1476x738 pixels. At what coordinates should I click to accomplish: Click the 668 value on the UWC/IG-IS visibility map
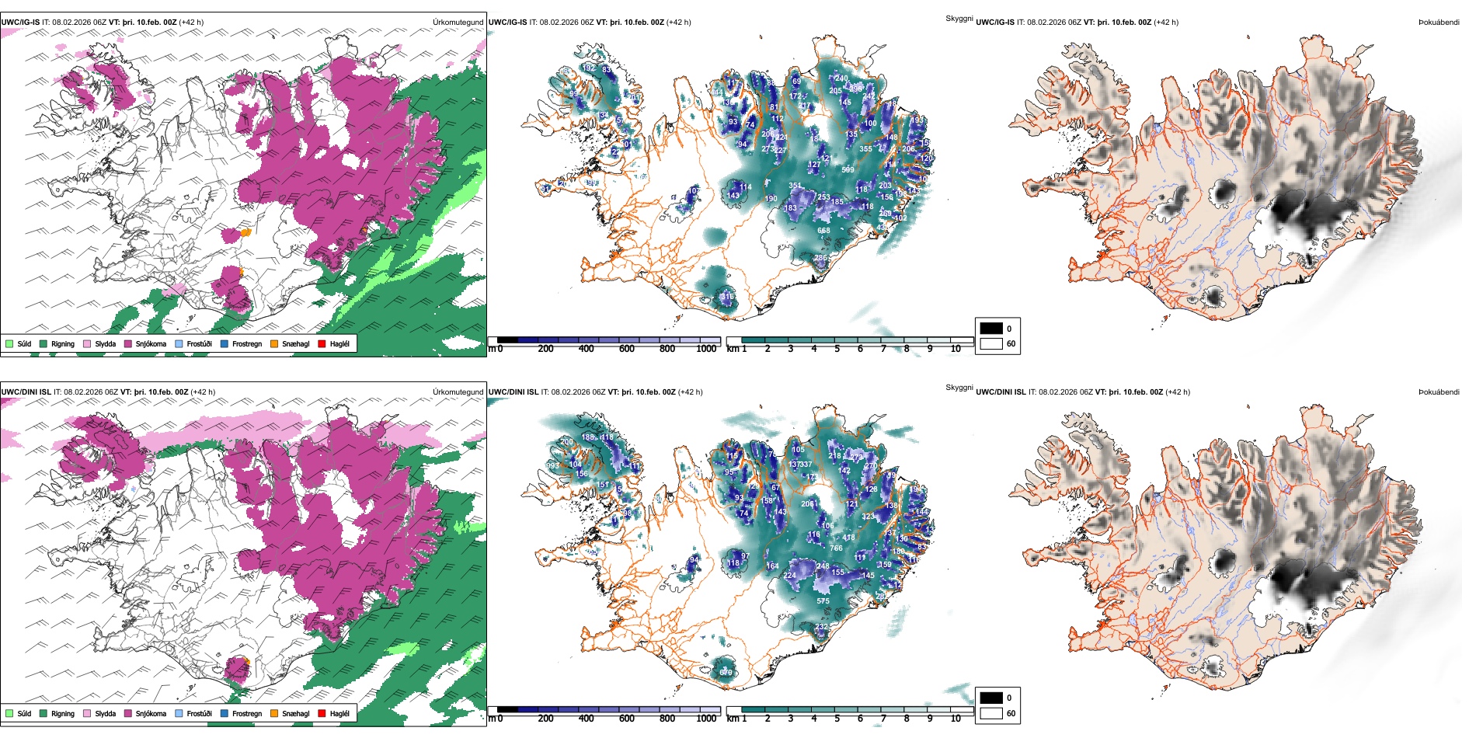823,231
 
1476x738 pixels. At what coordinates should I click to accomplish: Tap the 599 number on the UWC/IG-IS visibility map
848,170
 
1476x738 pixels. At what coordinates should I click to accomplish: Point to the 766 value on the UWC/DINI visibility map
836,548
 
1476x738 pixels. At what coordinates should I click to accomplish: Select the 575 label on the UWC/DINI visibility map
823,601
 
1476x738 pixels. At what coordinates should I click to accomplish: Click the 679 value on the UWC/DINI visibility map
726,673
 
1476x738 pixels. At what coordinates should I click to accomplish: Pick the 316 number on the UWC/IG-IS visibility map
727,297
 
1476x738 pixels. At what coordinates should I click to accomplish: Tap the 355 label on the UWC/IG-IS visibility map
865,149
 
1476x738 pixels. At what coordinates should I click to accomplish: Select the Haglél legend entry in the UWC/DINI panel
322,713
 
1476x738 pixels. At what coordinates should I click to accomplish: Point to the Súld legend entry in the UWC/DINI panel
9,713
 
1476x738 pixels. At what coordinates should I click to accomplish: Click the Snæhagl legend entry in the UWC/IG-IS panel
274,343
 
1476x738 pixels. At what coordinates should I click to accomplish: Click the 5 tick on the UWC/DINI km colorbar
837,719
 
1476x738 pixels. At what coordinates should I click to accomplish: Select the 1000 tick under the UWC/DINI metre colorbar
706,719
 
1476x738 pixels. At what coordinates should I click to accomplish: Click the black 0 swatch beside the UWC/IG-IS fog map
990,329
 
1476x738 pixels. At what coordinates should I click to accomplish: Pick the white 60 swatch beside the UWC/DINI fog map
990,713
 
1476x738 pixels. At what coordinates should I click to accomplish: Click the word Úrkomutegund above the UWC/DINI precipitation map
458,392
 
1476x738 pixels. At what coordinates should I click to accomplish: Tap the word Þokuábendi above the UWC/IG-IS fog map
1439,23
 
